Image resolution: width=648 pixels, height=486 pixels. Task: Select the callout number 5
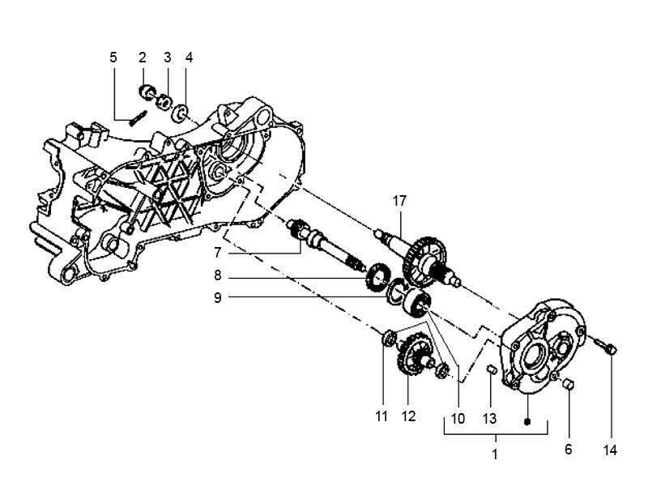click(x=113, y=57)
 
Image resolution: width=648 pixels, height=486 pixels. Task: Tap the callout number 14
click(x=610, y=450)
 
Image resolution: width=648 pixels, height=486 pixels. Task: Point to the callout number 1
click(x=495, y=454)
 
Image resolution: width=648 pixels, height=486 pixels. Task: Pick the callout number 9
click(x=217, y=297)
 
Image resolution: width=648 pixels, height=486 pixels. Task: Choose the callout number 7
click(x=217, y=253)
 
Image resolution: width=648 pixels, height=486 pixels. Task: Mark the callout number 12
click(x=408, y=417)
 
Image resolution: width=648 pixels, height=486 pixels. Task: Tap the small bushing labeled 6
click(x=568, y=384)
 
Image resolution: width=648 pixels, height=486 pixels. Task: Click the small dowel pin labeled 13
click(x=490, y=371)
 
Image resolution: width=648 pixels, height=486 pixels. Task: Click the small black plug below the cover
click(x=526, y=421)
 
